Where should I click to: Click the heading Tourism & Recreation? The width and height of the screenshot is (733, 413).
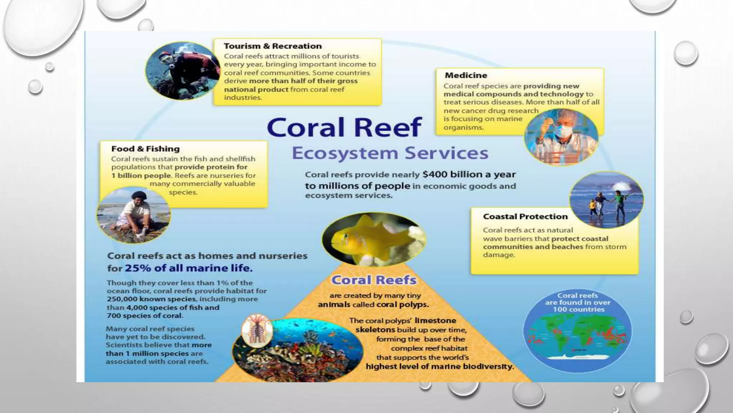tap(273, 46)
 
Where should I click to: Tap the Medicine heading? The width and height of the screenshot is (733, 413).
tap(466, 75)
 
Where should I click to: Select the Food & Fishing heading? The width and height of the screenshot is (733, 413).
tap(145, 149)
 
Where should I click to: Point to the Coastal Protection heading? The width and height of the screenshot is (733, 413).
tap(525, 217)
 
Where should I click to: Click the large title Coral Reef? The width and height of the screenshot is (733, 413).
tap(344, 127)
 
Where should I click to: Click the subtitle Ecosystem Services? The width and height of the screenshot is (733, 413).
tap(390, 153)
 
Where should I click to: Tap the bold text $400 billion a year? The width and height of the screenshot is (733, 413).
tap(469, 175)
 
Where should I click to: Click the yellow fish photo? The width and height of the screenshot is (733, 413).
tap(374, 239)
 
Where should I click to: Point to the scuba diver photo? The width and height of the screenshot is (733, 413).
tap(183, 71)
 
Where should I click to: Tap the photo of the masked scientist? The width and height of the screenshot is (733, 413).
tap(561, 137)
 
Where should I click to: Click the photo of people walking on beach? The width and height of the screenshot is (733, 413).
tap(606, 200)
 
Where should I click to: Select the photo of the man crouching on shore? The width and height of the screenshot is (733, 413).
tap(134, 215)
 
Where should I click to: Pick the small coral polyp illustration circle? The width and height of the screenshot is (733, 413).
tap(257, 330)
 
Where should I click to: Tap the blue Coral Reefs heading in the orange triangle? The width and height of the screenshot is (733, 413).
tap(374, 280)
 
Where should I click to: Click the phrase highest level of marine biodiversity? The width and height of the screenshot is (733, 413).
tap(440, 367)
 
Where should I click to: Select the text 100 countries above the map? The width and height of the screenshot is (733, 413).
tap(578, 309)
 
